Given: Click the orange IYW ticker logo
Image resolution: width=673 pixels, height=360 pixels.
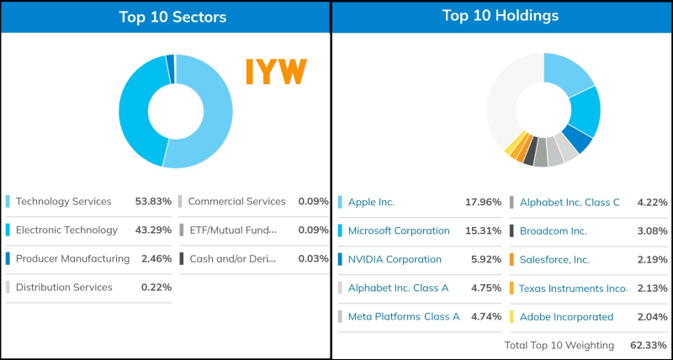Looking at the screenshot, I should click(276, 72).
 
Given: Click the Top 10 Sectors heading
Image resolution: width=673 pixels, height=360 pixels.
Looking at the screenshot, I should click(172, 17).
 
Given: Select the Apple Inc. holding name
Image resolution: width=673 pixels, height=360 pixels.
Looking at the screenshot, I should click(371, 202).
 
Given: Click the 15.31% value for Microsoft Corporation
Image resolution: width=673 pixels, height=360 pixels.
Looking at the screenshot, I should click(483, 230).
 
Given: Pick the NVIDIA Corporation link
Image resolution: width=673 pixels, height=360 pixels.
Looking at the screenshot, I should click(395, 259).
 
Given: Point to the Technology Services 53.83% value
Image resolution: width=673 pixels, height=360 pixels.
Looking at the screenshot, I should click(153, 201).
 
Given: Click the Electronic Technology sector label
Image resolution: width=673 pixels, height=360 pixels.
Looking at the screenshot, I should click(66, 230).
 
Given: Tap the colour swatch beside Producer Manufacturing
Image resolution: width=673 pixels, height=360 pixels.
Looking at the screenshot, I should click(8, 258).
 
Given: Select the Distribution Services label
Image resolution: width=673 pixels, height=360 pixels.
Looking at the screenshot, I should click(64, 287).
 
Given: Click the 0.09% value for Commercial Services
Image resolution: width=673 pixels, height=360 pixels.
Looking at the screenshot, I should click(313, 201).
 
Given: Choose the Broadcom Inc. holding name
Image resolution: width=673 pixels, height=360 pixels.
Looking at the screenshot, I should click(553, 230).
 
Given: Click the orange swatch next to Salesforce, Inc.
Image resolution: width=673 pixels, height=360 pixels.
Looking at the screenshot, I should click(511, 259).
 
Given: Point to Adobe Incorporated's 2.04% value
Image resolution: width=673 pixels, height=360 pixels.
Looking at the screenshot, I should click(649, 316).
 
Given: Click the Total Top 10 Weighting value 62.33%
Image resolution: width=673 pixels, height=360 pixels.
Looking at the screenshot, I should click(648, 345).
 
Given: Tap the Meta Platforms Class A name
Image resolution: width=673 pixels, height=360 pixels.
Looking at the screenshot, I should click(404, 316).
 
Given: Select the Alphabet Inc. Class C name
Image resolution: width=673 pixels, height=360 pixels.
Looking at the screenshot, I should click(570, 202).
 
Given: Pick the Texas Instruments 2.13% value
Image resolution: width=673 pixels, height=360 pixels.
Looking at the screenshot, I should click(649, 288).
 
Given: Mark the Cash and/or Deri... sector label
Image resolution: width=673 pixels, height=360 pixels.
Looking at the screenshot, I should click(231, 258).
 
